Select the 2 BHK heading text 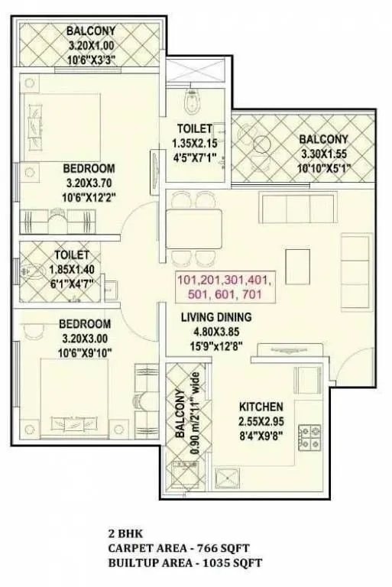[125, 533]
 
